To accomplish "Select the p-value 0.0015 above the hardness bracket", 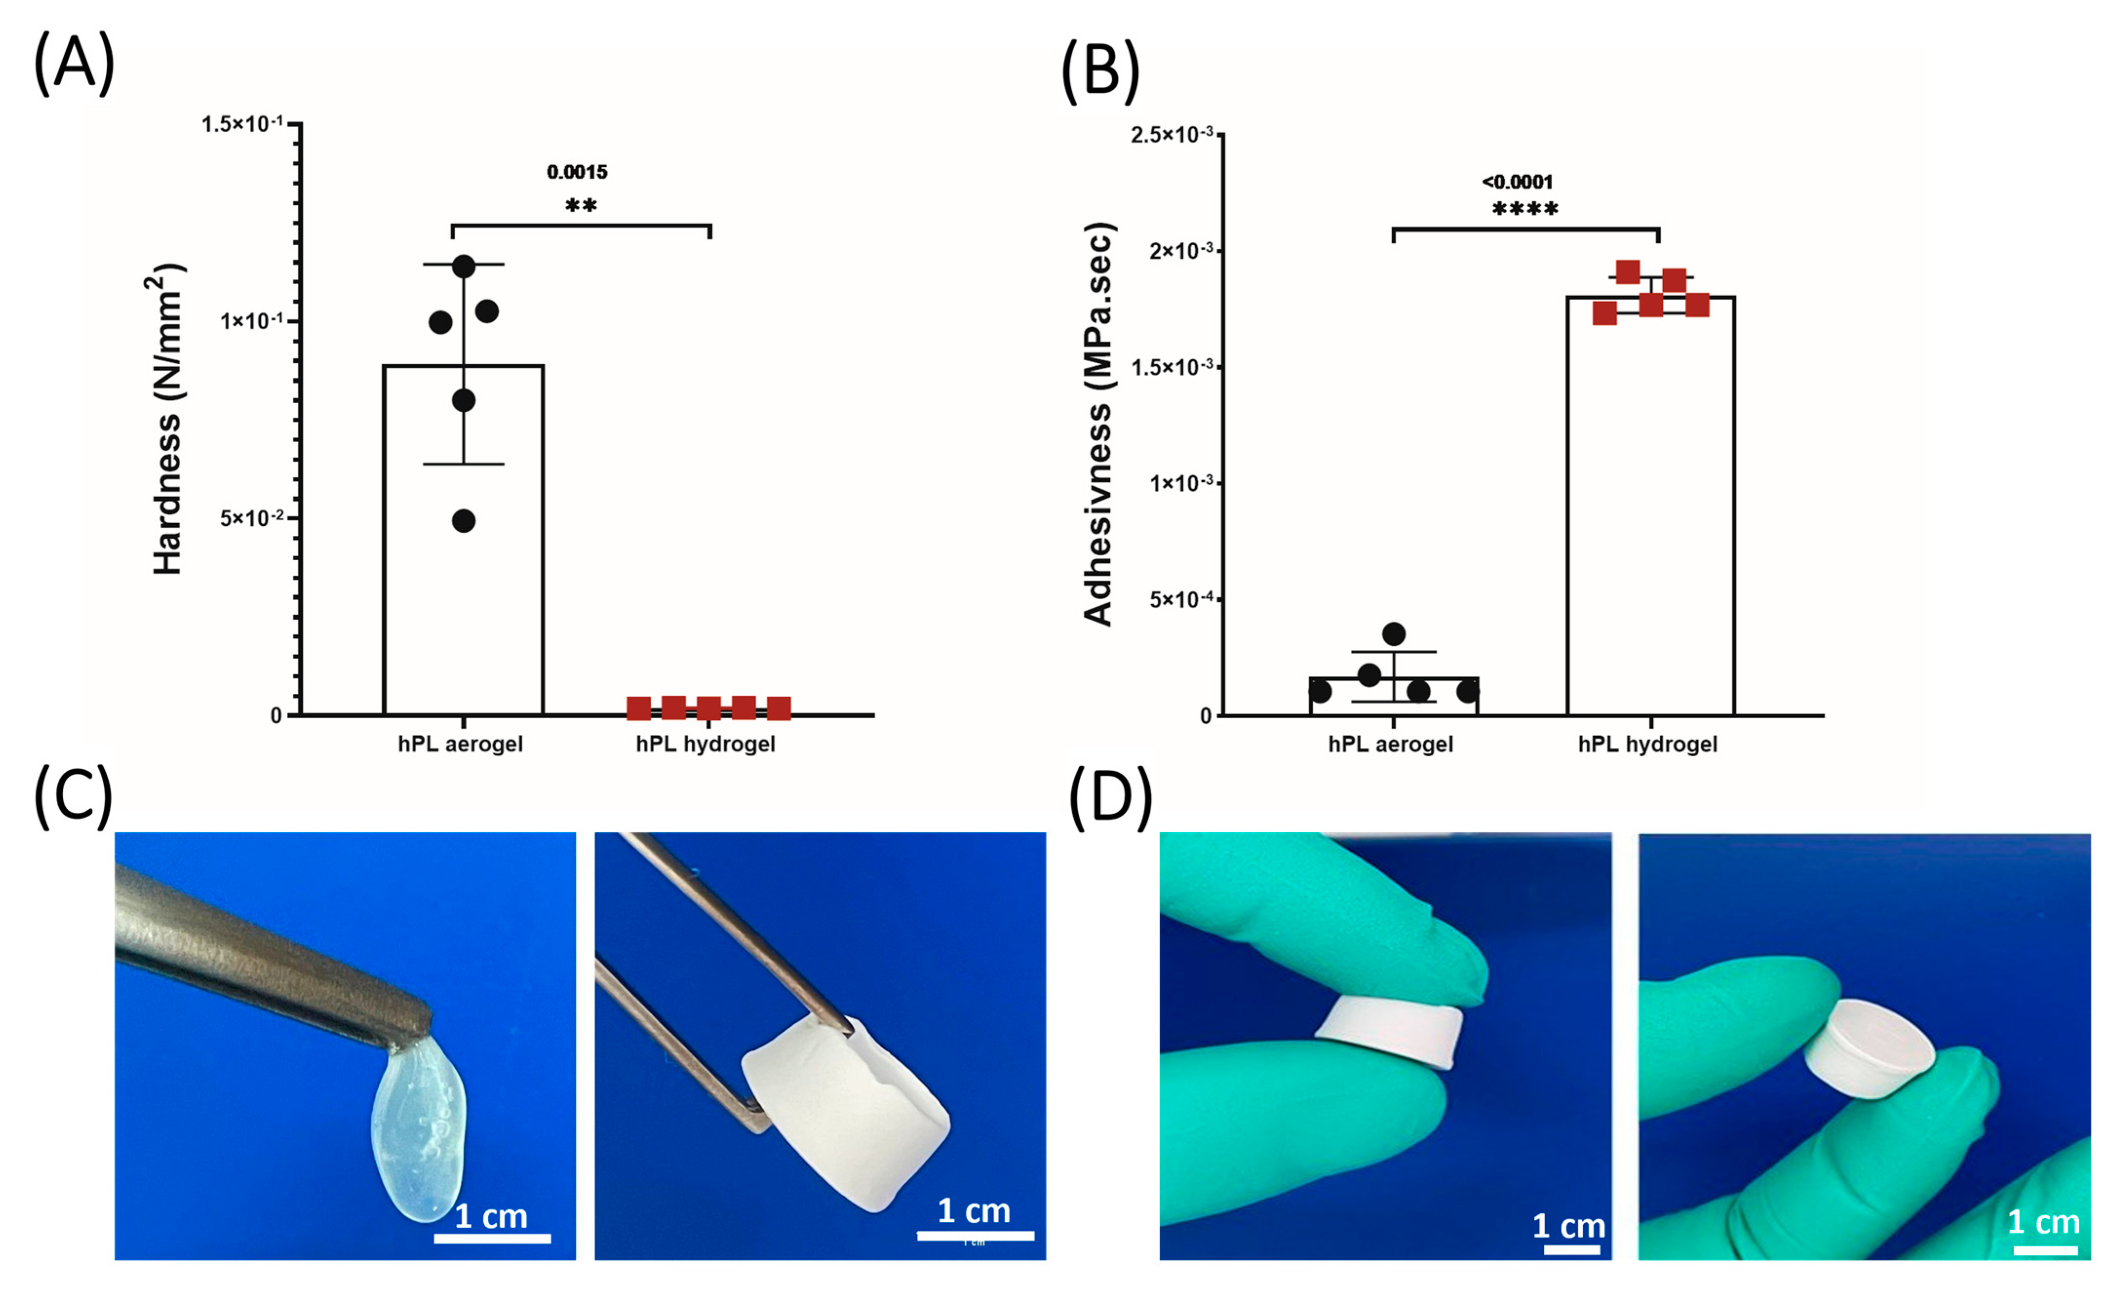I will (577, 172).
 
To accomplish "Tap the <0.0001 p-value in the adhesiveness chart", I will (1517, 181).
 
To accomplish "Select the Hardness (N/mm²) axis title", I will (169, 419).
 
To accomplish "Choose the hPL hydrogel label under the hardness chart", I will (705, 744).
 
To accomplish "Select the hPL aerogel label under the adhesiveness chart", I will (1390, 744).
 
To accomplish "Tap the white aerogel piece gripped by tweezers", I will (847, 1113).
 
